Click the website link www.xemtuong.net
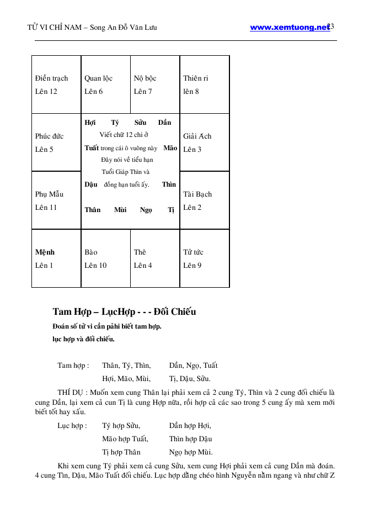pos(289,27)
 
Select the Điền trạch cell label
pos(51,78)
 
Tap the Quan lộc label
pos(98,78)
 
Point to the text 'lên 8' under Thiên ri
pos(191,92)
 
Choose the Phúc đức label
pos(49,136)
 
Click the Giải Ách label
pos(197,136)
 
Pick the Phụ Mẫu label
pos(49,194)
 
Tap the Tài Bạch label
pos(197,194)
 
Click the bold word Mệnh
pos(45,252)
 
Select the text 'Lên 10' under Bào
pos(95,266)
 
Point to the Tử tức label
pos(193,252)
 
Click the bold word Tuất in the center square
pos(92,148)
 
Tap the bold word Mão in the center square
pos(170,148)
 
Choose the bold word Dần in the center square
pos(164,123)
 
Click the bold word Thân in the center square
pos(92,210)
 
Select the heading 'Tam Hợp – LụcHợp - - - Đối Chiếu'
pos(124,312)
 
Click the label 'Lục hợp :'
pos(72,426)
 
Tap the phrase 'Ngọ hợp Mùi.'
pos(191,452)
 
